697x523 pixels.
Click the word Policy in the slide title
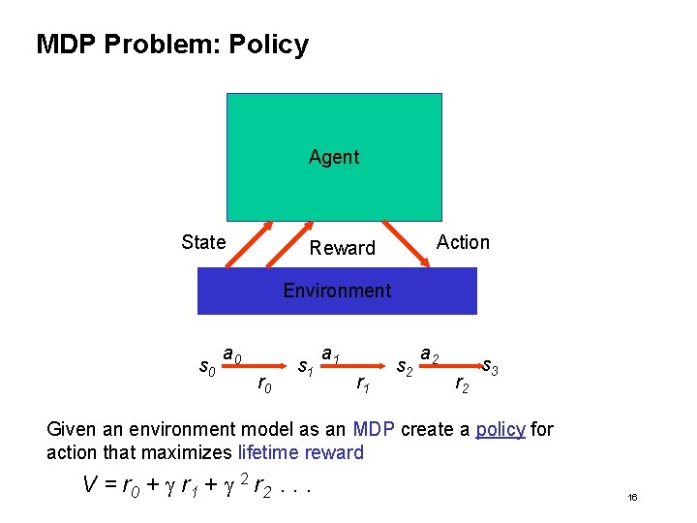tap(269, 45)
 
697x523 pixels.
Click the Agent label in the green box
tap(334, 157)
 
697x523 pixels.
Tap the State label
tap(203, 242)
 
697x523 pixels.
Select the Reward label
tap(342, 248)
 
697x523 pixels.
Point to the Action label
tap(463, 242)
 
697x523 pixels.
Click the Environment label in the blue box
tap(337, 291)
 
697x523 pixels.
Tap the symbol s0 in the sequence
tap(206, 367)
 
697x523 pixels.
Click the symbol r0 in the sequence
tap(263, 385)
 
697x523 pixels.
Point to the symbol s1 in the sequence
tap(305, 367)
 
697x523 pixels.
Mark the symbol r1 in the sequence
tap(363, 385)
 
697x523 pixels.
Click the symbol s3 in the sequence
tap(490, 367)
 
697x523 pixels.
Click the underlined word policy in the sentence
tap(500, 428)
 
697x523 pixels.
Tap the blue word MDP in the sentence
tap(374, 428)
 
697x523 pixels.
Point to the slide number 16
tap(632, 498)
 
